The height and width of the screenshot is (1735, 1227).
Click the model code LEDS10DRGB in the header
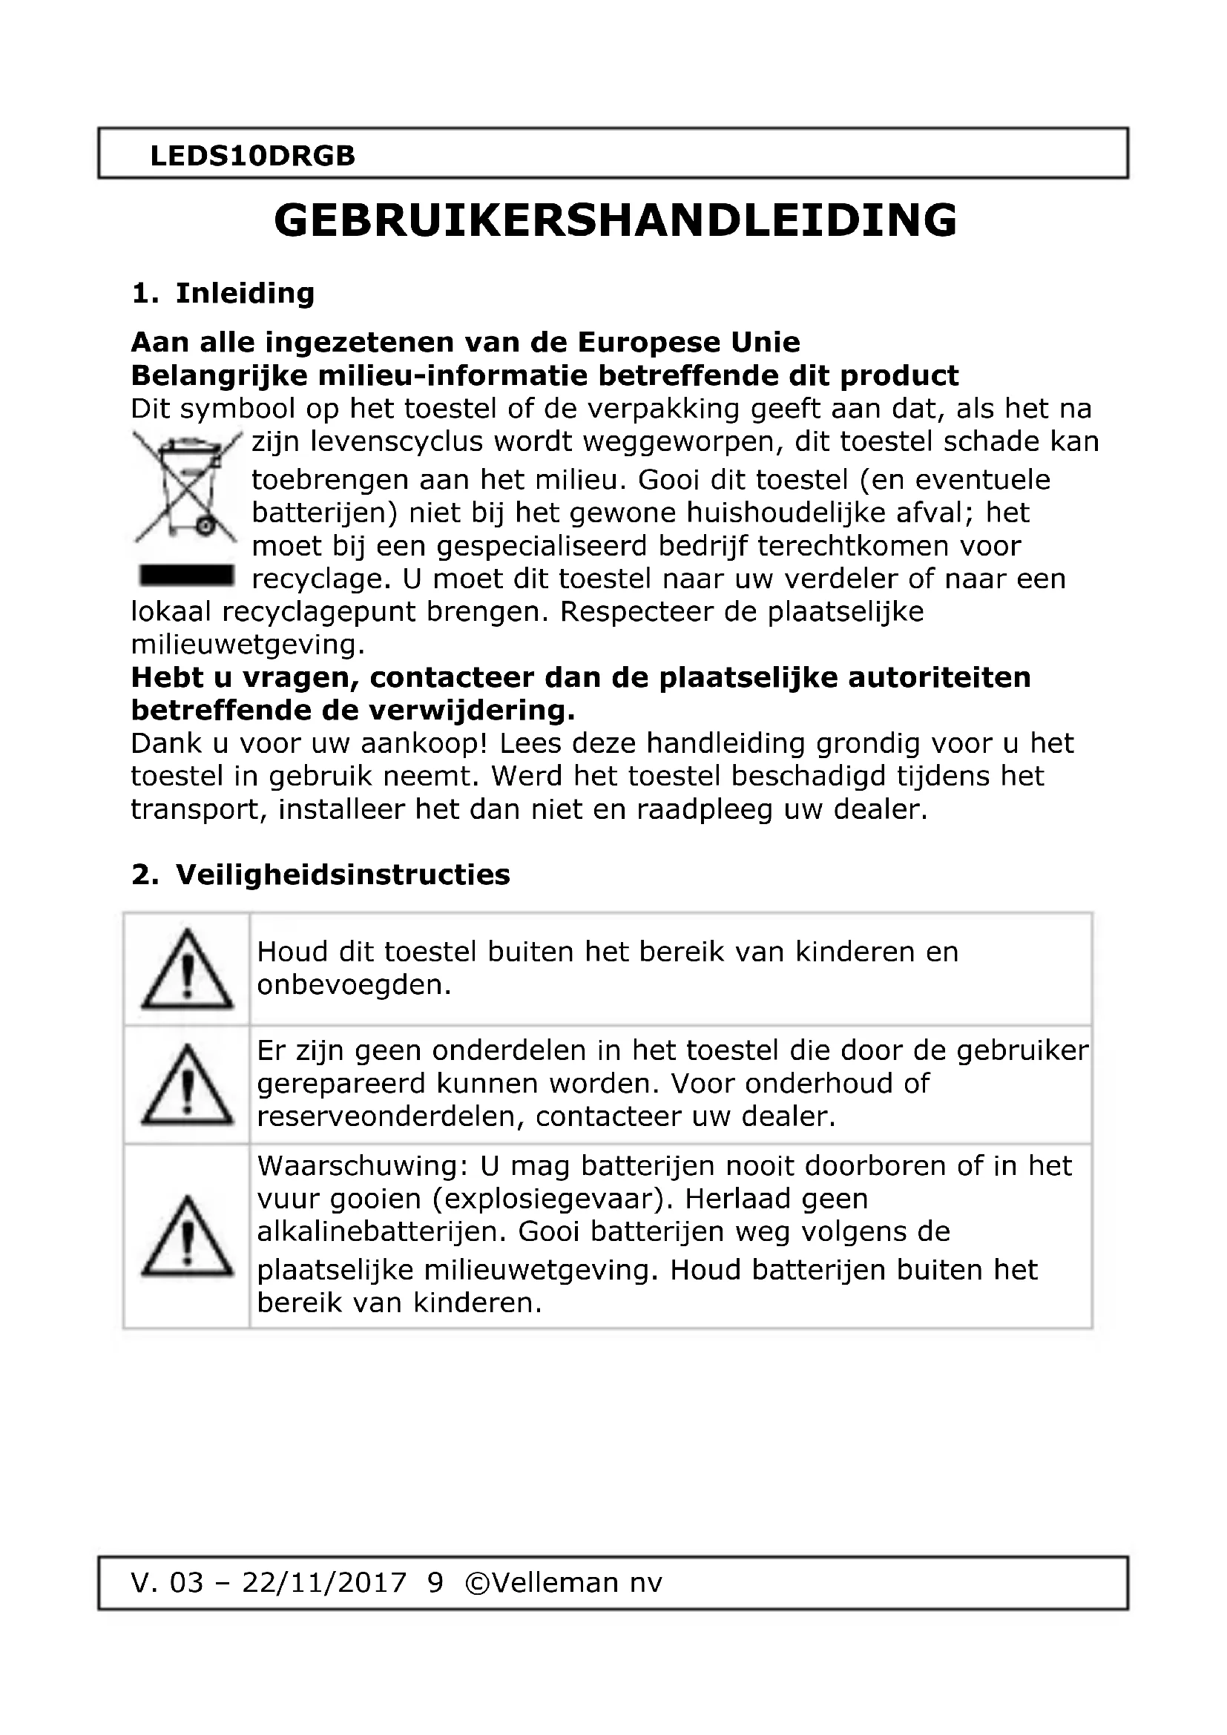click(252, 156)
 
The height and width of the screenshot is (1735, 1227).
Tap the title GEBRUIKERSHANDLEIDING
click(615, 220)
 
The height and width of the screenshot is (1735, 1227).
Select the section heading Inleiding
click(244, 293)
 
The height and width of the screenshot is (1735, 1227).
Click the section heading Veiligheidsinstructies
click(342, 875)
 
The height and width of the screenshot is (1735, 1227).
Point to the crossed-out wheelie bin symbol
click(187, 486)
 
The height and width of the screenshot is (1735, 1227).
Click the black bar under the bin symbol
click(187, 576)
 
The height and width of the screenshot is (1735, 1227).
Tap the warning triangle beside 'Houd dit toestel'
click(188, 971)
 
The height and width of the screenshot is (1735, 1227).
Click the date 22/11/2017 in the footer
click(323, 1582)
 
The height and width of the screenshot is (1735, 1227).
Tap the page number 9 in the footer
click(435, 1582)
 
